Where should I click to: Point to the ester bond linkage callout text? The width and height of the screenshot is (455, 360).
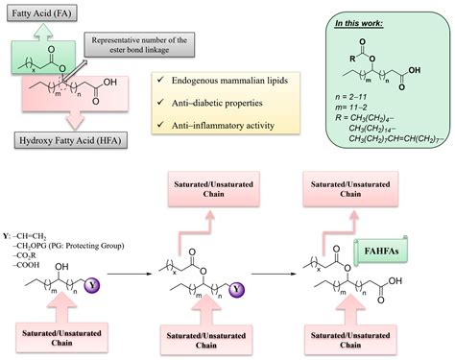tap(142, 44)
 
